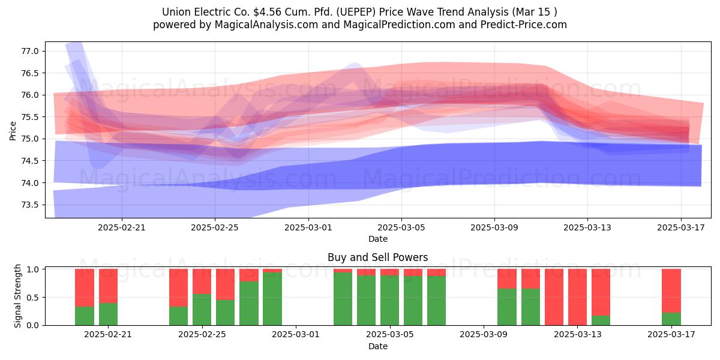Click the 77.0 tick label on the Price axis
(29, 51)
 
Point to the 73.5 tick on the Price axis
(29, 205)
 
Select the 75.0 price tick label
(29, 139)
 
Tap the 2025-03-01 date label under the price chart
(308, 227)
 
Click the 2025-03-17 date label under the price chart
(681, 227)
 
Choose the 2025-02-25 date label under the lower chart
(202, 334)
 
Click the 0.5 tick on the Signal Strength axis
(32, 298)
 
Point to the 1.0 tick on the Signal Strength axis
(32, 269)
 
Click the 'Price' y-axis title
(13, 131)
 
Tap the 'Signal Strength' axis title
(17, 296)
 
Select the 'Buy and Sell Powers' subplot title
(377, 257)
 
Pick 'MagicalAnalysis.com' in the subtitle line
(266, 25)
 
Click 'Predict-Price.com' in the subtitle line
(524, 25)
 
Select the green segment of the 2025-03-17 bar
(671, 319)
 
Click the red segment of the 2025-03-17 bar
(671, 291)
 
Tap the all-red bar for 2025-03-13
(577, 297)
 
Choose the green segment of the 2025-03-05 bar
(389, 300)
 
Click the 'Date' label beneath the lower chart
(377, 346)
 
